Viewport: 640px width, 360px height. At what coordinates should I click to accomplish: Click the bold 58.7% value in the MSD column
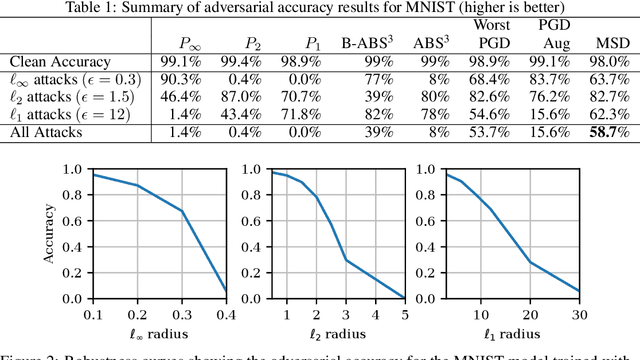click(612, 132)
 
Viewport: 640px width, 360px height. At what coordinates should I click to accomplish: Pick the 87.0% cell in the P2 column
click(232, 97)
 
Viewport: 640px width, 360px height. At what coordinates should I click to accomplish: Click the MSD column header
click(612, 43)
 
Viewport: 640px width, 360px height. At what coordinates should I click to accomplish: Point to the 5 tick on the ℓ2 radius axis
click(403, 314)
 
